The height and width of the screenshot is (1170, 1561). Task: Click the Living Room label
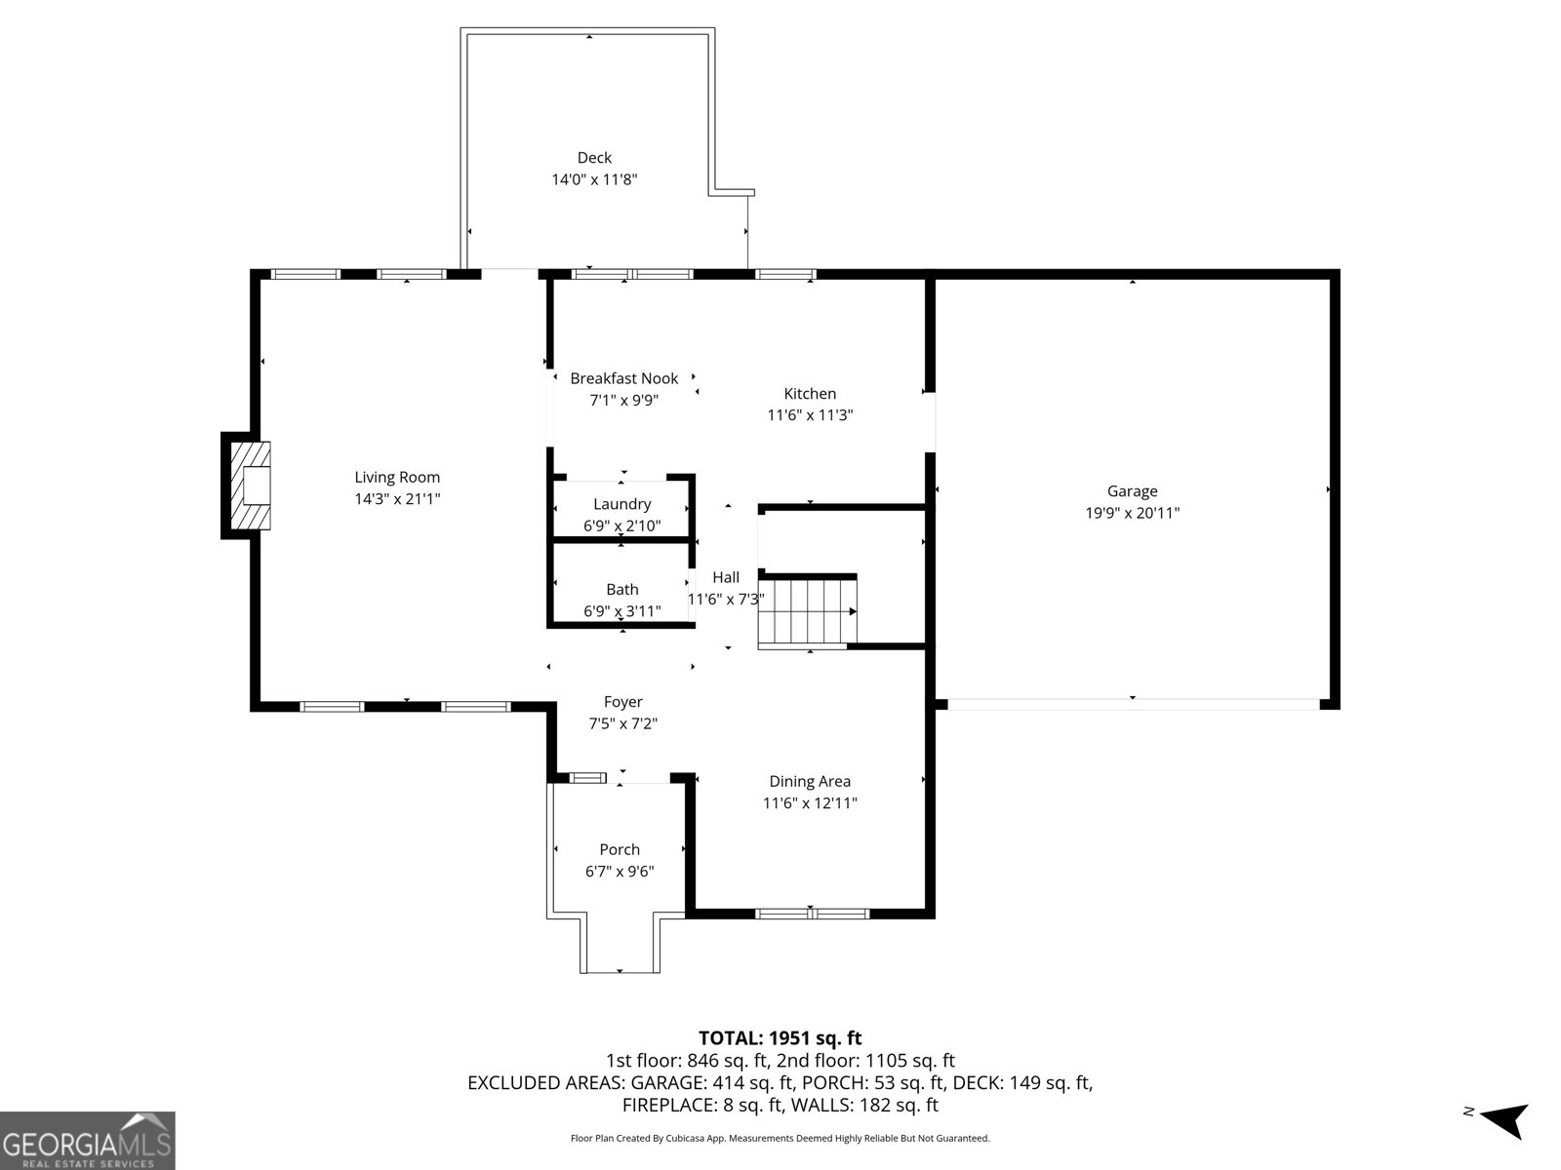click(397, 477)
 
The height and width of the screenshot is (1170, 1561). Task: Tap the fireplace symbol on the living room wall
click(248, 485)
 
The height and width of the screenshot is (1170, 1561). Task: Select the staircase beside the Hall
click(807, 611)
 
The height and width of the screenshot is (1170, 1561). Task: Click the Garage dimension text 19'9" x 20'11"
click(1132, 513)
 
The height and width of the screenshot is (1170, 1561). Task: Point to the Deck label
click(594, 158)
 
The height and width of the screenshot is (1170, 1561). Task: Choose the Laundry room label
click(621, 504)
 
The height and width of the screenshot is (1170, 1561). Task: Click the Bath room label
click(621, 589)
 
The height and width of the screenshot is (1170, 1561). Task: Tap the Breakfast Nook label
click(623, 378)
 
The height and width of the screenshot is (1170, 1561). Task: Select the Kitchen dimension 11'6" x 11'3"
click(810, 415)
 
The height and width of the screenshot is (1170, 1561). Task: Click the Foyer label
click(622, 702)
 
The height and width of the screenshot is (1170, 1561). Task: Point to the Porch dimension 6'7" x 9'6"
click(620, 872)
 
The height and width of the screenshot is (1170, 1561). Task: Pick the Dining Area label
click(810, 781)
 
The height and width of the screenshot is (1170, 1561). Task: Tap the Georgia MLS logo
click(87, 1140)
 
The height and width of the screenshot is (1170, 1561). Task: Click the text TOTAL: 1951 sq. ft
click(780, 1038)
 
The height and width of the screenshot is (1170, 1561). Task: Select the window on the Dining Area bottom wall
click(812, 914)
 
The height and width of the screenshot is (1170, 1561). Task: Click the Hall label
click(726, 577)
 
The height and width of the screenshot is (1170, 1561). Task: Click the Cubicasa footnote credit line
click(780, 1138)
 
